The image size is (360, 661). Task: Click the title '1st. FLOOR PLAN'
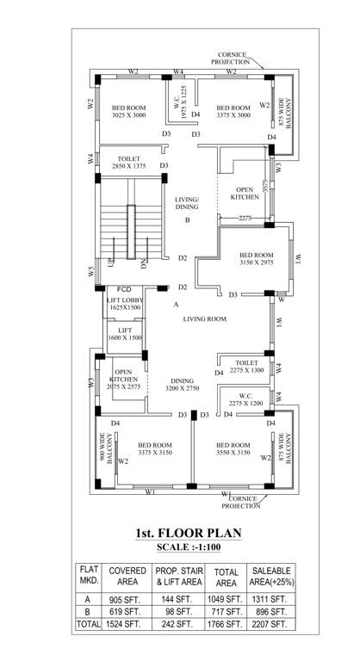(x=187, y=533)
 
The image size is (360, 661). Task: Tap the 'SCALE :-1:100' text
(x=187, y=547)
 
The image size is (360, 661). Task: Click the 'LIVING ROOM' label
(x=203, y=318)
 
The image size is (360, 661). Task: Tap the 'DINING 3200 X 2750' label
(x=183, y=385)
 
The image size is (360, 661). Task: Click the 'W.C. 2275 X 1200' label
(x=246, y=398)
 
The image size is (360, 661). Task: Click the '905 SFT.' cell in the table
(x=127, y=598)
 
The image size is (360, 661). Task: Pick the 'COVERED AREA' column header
(x=127, y=575)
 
